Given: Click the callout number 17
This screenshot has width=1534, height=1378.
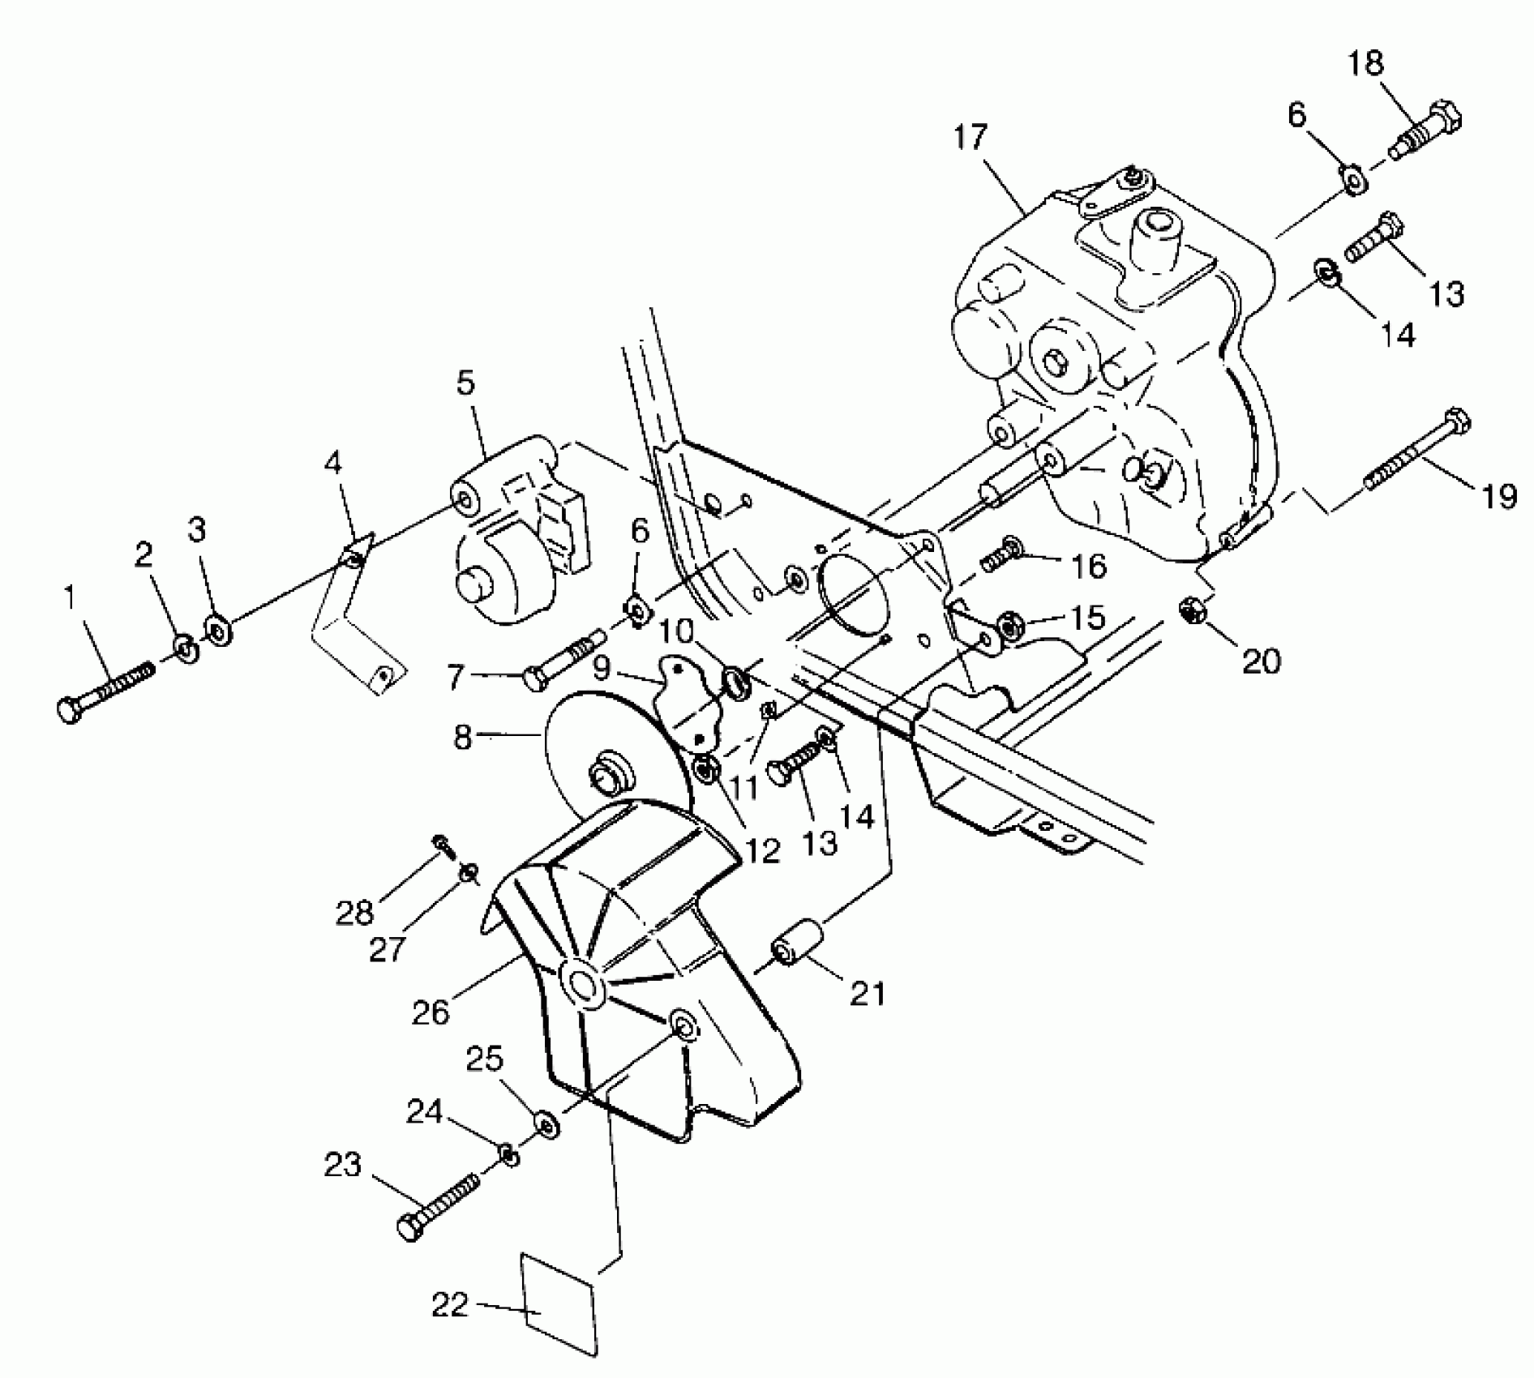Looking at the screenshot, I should pyautogui.click(x=970, y=137).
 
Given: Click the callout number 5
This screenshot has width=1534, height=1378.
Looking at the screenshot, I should pyautogui.click(x=465, y=383).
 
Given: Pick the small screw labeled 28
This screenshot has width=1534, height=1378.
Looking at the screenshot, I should pyautogui.click(x=443, y=843).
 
